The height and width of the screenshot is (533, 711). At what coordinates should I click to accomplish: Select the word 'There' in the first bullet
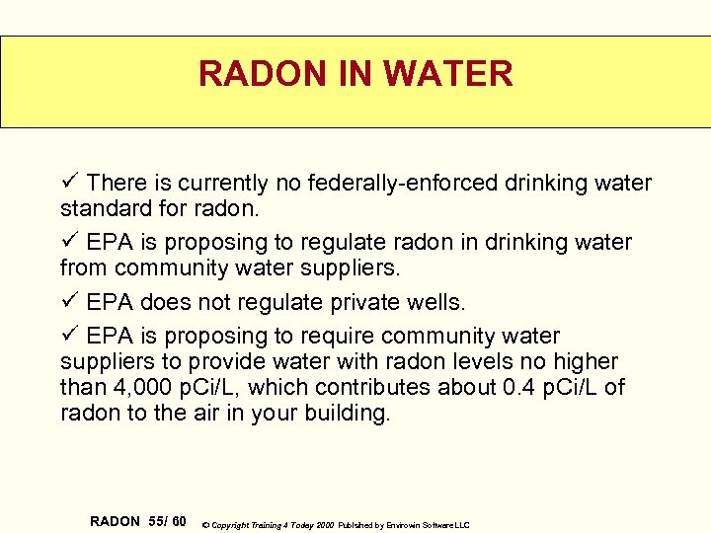[116, 184]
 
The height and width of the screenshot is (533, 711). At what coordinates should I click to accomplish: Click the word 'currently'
[223, 184]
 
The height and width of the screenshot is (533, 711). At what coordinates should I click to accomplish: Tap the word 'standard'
[104, 208]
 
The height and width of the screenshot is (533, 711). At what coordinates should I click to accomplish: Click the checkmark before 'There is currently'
[69, 183]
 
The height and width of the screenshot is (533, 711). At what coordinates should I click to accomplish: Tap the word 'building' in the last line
[349, 414]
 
